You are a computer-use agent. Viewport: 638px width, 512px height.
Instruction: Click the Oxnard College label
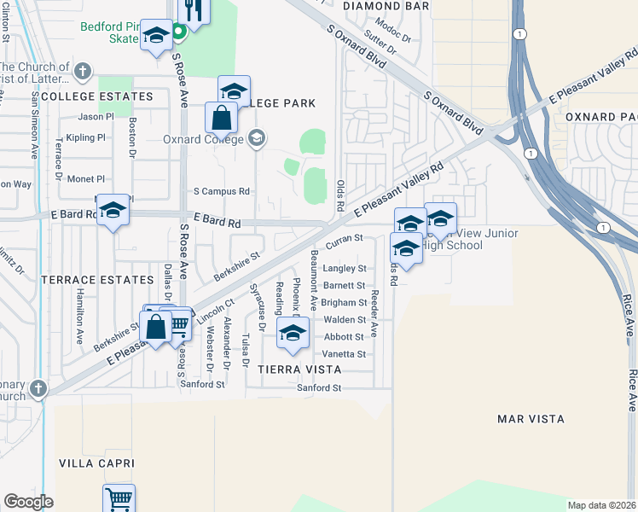click(201, 139)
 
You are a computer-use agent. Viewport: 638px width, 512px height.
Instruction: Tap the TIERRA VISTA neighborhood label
click(293, 369)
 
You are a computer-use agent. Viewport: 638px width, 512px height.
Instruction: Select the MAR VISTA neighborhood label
click(531, 419)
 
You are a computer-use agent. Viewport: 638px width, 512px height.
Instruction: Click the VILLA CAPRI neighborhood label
click(96, 463)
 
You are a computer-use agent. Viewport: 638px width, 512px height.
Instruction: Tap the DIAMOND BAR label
click(386, 5)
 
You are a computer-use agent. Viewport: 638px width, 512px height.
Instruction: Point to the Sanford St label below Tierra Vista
click(318, 387)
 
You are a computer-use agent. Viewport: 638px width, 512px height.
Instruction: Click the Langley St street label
click(345, 268)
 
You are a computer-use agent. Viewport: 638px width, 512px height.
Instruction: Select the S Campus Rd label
click(221, 191)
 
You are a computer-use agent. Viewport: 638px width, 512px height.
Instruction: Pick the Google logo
click(28, 502)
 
